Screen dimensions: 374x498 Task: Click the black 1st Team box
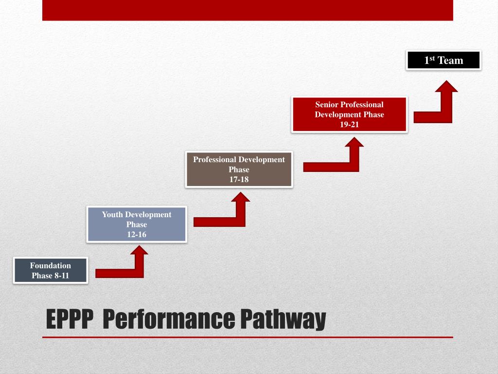pos(444,60)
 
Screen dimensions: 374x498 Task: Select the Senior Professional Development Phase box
pos(349,114)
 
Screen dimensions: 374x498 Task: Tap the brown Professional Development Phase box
pos(239,169)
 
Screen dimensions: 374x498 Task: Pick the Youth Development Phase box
pos(137,224)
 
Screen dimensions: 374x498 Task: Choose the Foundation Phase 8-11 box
pos(51,271)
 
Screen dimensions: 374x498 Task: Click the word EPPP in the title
pos(69,319)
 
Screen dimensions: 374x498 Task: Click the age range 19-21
pos(349,125)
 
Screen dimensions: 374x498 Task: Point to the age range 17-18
pos(239,180)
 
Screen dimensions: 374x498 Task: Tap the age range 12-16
pos(137,235)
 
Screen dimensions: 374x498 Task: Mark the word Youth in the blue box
pos(112,215)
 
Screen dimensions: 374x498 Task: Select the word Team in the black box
pos(451,60)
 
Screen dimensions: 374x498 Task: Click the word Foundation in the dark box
pos(51,266)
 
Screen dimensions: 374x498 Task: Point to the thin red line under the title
pos(248,337)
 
